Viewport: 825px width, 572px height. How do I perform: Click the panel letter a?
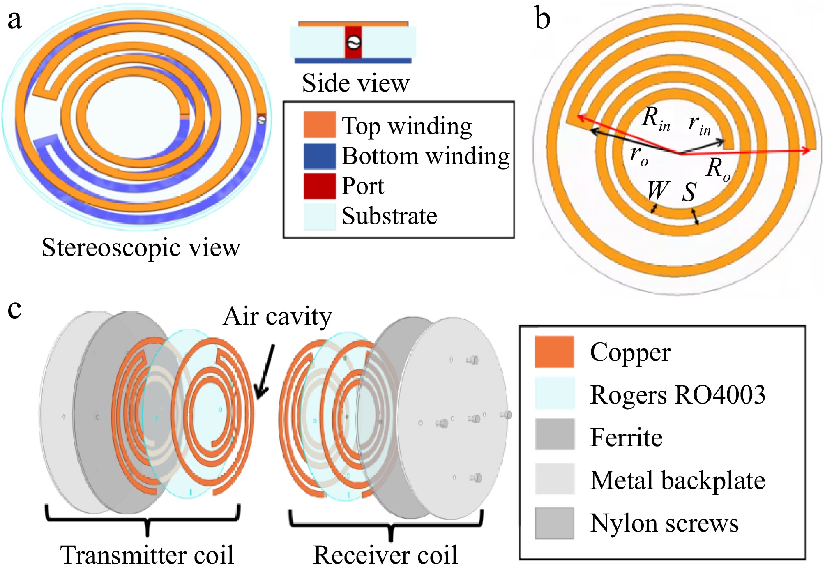(15, 20)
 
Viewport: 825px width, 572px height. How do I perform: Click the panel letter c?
(14, 309)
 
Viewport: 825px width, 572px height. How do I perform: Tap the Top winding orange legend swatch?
(320, 125)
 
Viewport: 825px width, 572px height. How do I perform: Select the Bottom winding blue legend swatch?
(320, 156)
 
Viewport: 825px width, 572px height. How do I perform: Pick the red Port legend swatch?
(320, 186)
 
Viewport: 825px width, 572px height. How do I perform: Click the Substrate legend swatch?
(320, 217)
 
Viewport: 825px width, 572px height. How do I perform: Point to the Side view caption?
(355, 83)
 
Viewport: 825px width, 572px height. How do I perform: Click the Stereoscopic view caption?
(141, 248)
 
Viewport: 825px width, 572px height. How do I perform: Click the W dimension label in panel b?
(658, 191)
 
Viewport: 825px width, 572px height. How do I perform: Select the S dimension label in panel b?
(689, 192)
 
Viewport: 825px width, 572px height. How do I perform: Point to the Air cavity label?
(277, 316)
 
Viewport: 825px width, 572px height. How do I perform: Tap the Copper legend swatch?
(554, 352)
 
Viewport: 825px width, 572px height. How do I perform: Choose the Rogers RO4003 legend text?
(678, 395)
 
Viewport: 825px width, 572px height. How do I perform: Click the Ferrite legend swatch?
(554, 434)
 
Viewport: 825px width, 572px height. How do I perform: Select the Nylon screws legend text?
(664, 524)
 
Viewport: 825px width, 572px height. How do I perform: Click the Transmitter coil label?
(147, 555)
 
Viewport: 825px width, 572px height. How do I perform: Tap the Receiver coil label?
(385, 555)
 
